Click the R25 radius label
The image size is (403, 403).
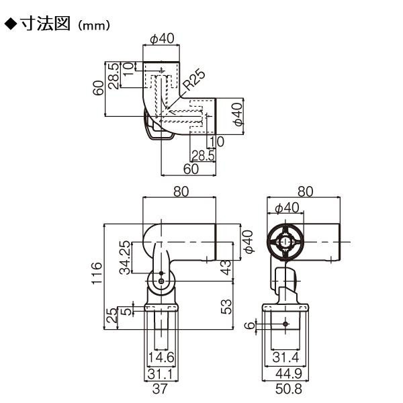pos(195,80)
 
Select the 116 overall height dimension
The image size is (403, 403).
pos(97,273)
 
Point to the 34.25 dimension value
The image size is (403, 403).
pos(126,257)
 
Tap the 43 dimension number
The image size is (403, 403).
pos(226,267)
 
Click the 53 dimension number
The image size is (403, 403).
pos(226,307)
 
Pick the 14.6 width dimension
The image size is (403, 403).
pos(161,357)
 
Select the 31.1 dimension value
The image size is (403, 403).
pos(161,374)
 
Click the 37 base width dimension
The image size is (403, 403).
pos(160,389)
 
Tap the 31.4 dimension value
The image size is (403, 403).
pos(286,357)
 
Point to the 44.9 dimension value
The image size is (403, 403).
pos(289,373)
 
